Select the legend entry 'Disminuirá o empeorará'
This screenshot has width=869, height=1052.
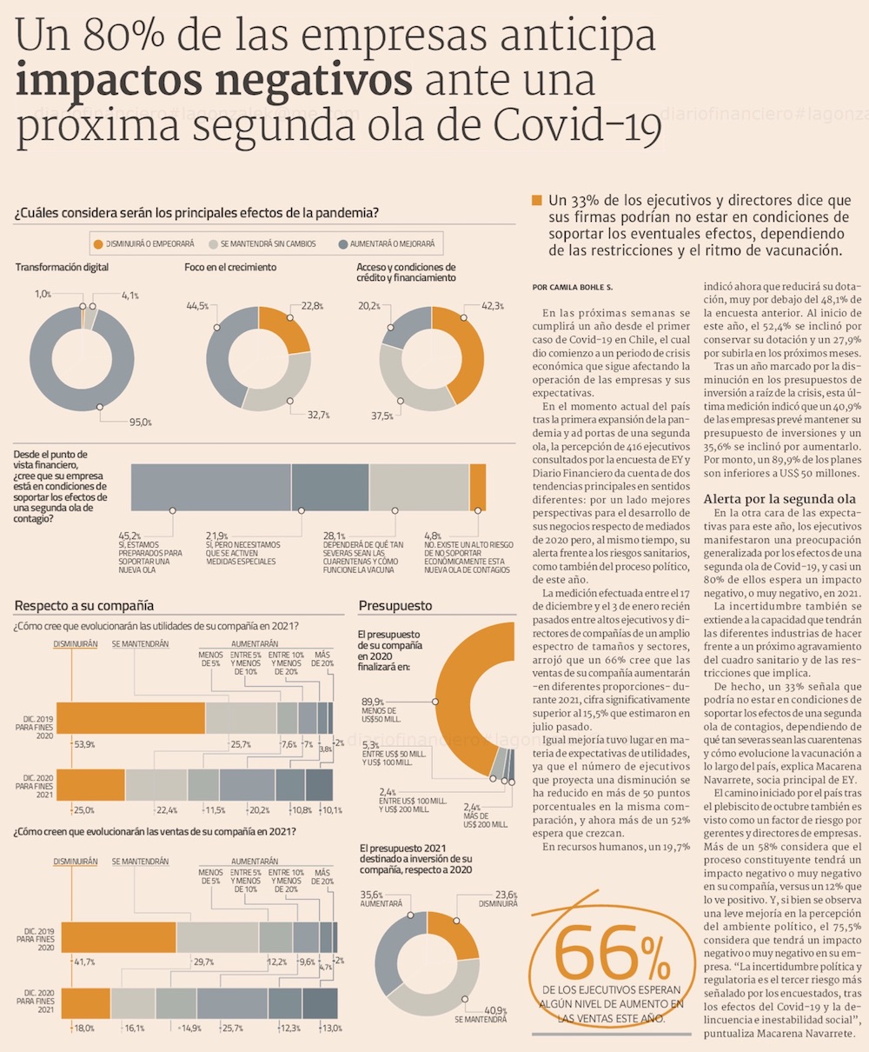click(143, 243)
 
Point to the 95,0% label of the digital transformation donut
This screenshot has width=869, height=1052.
click(140, 423)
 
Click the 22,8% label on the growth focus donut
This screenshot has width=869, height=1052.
click(313, 306)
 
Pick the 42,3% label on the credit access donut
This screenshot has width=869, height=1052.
click(493, 306)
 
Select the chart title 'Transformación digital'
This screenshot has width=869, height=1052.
click(62, 268)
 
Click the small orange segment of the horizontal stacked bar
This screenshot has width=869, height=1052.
click(477, 487)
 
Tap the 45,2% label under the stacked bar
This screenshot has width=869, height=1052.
click(129, 536)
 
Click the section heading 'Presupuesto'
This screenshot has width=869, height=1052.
click(395, 605)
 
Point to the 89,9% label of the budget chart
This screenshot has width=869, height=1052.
click(373, 702)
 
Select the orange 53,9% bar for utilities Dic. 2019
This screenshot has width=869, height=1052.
click(130, 717)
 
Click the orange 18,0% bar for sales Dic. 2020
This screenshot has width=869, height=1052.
click(85, 1003)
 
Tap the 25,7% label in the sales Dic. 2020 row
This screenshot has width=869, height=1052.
click(233, 1029)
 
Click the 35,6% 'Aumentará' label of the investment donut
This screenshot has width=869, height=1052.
click(372, 895)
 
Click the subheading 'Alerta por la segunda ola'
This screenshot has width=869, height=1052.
click(779, 499)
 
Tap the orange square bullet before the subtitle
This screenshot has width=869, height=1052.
click(536, 201)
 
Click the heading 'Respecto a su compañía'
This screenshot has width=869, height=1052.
click(84, 605)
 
